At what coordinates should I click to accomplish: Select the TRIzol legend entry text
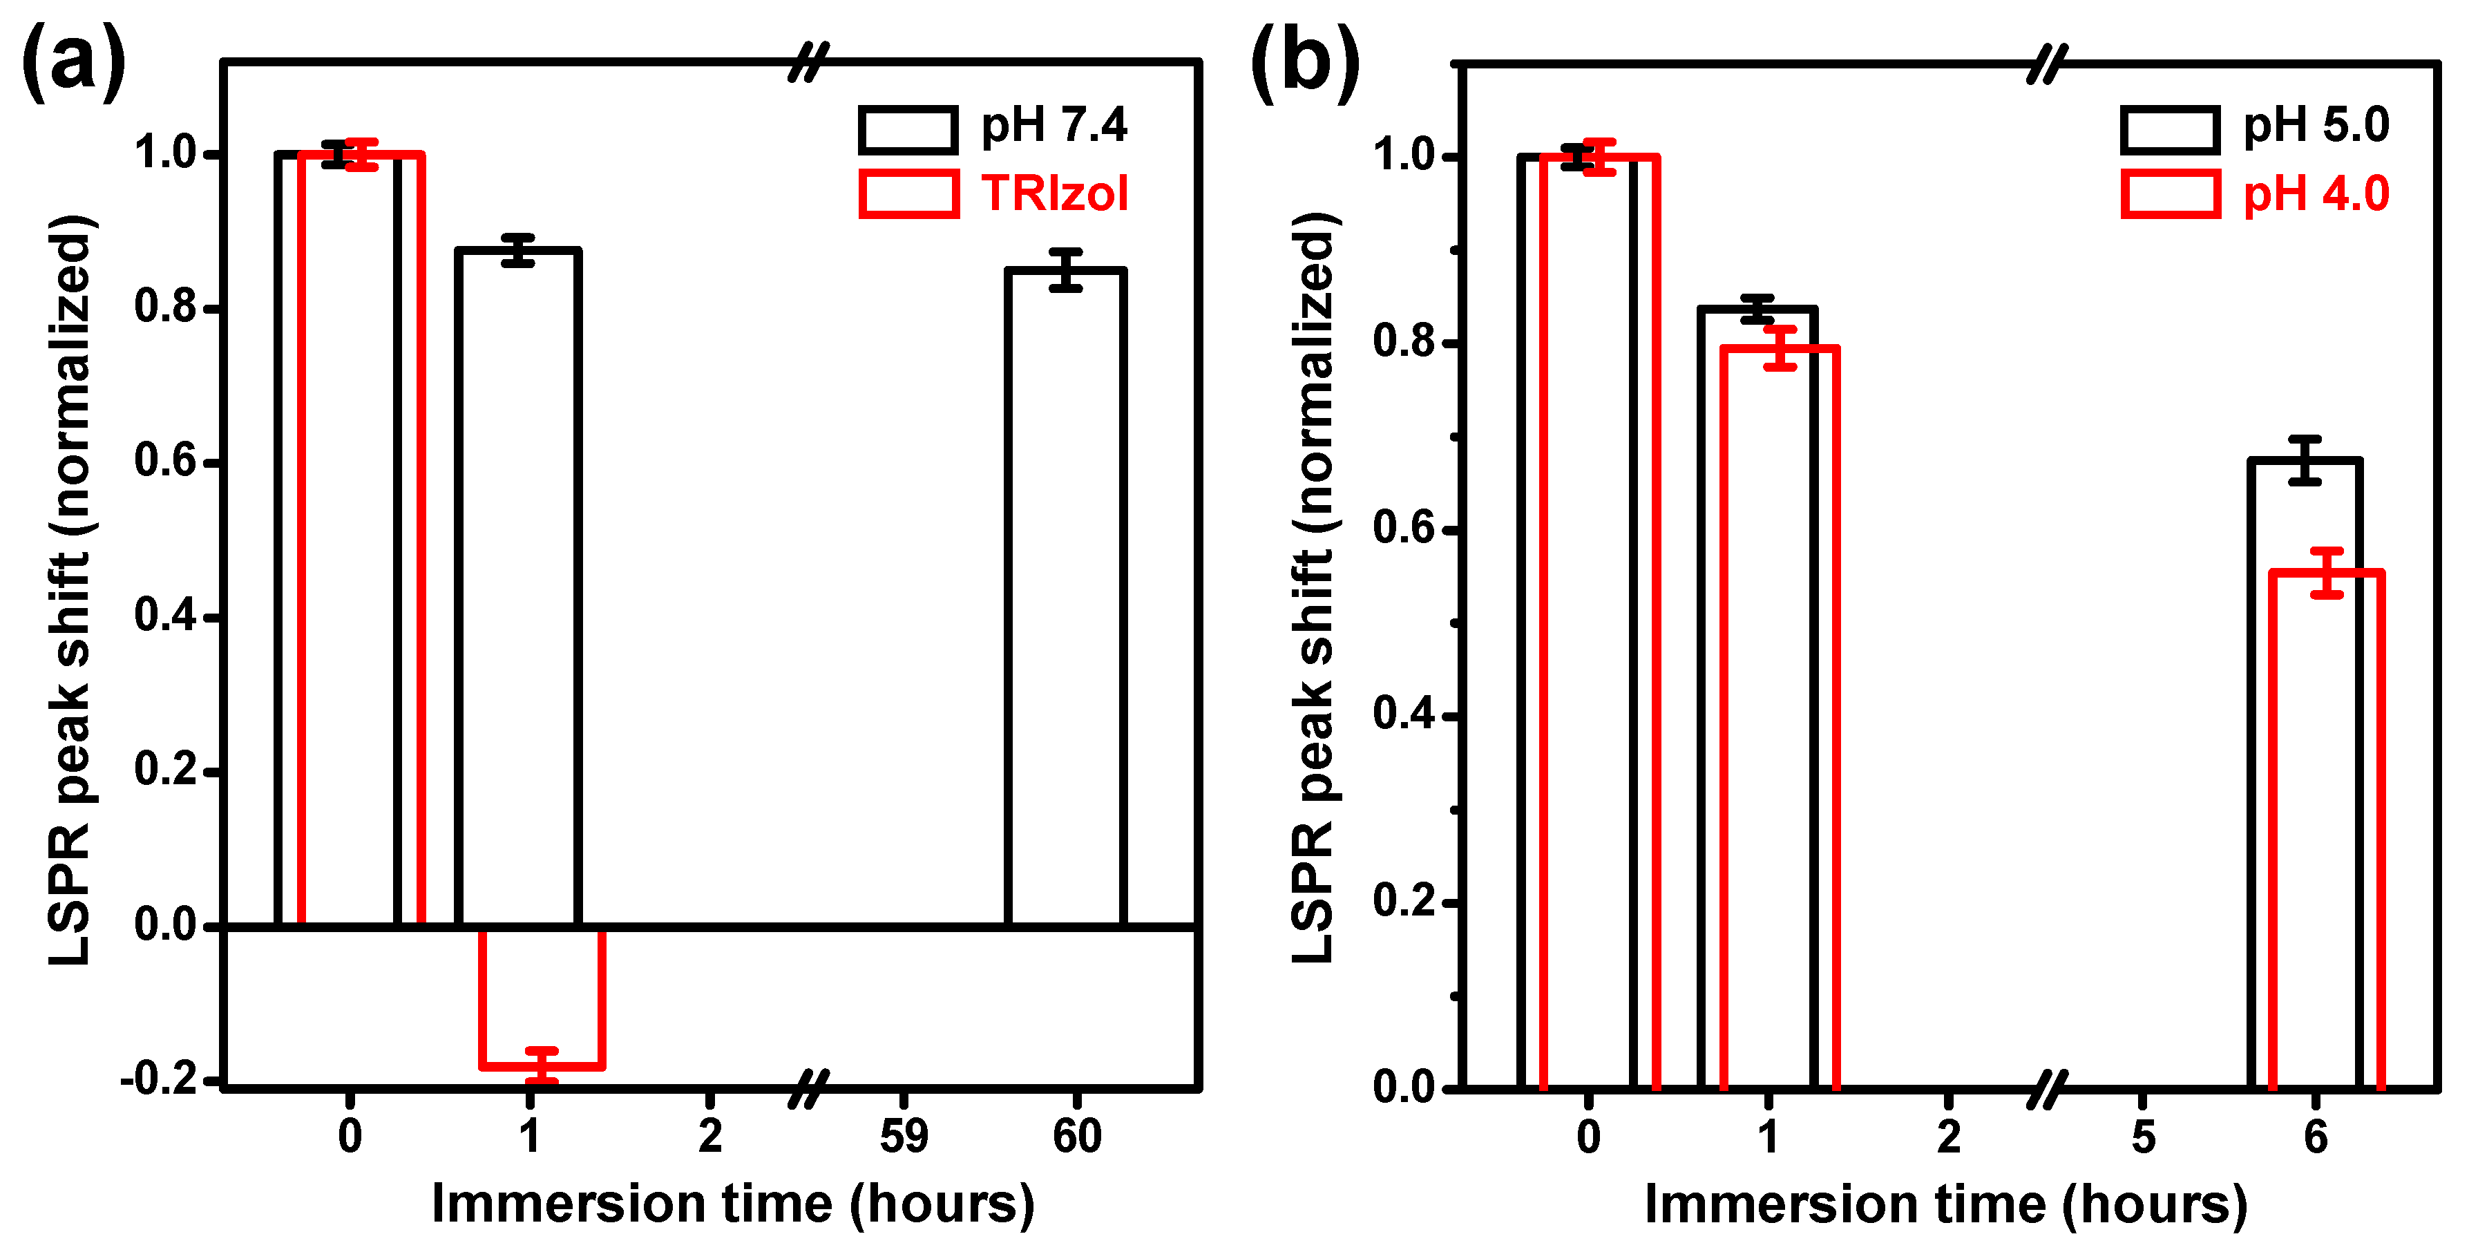point(1054,193)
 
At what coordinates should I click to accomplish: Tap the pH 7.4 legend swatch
point(908,129)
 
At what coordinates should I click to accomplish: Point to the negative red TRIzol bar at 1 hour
point(542,997)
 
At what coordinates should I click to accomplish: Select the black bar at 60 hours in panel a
point(1065,594)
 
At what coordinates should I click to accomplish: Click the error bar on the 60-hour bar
point(1065,269)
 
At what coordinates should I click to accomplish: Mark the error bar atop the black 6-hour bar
point(2305,459)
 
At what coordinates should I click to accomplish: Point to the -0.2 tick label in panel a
point(158,1079)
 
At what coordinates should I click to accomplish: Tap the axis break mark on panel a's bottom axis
point(808,1089)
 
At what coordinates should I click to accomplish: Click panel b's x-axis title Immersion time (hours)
point(1945,1204)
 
